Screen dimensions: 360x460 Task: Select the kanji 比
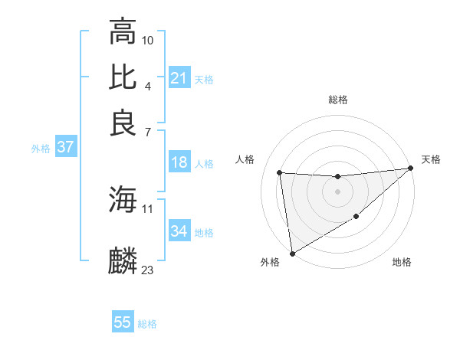coord(123,77)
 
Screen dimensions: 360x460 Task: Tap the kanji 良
coord(123,123)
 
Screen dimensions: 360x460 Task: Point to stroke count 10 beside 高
coord(148,40)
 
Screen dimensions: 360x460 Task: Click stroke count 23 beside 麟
coord(148,270)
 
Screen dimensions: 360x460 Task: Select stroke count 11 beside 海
coord(148,208)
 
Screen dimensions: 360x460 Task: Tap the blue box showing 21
coord(179,78)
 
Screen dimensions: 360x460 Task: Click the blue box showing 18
coord(179,162)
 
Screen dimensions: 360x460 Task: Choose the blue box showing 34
coord(179,231)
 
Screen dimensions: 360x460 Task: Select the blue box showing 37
coord(65,148)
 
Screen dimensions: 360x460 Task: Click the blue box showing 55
coord(123,322)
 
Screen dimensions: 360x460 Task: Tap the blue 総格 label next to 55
coord(147,324)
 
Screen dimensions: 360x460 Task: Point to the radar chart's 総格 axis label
coord(338,100)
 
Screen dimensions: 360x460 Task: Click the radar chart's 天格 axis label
coord(431,159)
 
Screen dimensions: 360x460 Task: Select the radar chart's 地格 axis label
coord(402,263)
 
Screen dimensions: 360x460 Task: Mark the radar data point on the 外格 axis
coord(292,253)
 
